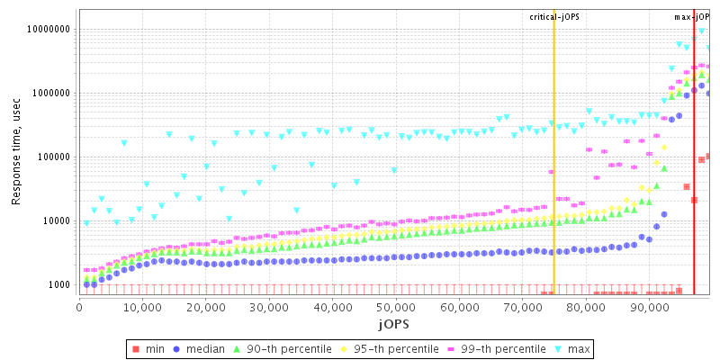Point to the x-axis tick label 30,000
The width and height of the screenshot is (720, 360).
(x=269, y=309)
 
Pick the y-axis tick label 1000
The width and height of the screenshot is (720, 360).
(x=58, y=284)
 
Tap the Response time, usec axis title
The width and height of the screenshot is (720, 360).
(x=16, y=153)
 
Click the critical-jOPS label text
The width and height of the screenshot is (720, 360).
(x=553, y=16)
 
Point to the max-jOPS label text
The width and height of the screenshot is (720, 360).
(x=692, y=16)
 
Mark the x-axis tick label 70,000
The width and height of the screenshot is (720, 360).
(x=522, y=309)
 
